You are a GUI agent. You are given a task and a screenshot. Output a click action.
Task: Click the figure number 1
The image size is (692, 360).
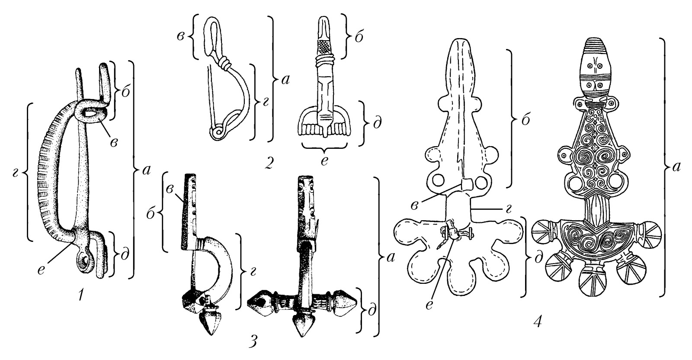[x=81, y=295]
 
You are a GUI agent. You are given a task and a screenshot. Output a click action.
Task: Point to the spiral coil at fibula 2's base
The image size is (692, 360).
[x=217, y=132]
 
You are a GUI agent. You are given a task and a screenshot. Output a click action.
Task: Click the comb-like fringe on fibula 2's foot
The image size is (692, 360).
[x=324, y=129]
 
